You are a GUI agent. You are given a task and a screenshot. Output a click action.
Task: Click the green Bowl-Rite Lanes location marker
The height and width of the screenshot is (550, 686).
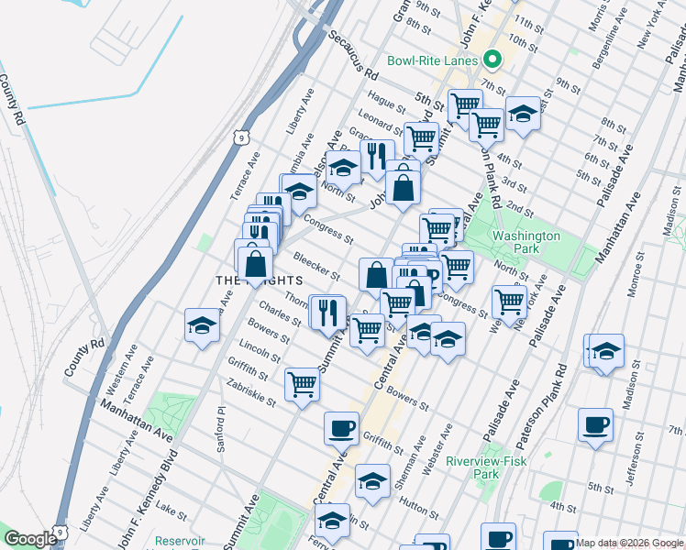pos(492,60)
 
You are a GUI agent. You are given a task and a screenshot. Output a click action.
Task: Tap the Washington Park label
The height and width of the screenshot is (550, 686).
pos(526,242)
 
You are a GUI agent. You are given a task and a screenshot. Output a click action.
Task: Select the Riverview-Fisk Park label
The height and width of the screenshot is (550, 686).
pos(486,467)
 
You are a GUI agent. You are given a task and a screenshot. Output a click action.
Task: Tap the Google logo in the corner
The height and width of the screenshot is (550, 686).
pos(31,539)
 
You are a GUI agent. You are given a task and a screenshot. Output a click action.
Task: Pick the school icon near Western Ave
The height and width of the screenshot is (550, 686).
pos(202,325)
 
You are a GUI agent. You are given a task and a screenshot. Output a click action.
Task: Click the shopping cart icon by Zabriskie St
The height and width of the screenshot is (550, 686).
pos(302,384)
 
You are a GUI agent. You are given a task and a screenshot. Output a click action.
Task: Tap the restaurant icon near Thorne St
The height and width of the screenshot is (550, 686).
pos(326,312)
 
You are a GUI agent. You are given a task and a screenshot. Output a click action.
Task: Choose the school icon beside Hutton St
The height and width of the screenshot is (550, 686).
pos(372,479)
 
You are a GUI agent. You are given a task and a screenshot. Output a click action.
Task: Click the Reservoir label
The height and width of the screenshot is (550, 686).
pos(179,541)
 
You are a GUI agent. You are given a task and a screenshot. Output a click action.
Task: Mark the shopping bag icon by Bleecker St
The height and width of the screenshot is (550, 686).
pos(376,274)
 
